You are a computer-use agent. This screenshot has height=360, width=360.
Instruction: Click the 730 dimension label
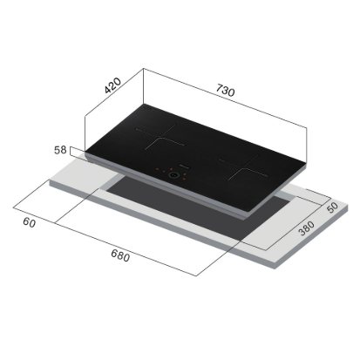[x=225, y=90]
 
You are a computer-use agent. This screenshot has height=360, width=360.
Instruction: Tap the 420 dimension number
[x=112, y=85]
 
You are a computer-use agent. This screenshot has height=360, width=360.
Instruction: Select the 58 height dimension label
[x=60, y=150]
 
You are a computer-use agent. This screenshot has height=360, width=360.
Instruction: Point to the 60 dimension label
[x=30, y=222]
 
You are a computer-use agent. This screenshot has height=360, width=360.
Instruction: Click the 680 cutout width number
[x=120, y=255]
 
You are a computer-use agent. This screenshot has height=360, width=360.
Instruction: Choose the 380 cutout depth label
[x=307, y=228]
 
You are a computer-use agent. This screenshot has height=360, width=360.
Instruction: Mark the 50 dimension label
[x=332, y=207]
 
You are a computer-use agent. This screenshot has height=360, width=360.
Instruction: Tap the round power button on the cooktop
[x=173, y=175]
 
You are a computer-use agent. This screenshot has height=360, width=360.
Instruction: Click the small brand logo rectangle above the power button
[x=185, y=167]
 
